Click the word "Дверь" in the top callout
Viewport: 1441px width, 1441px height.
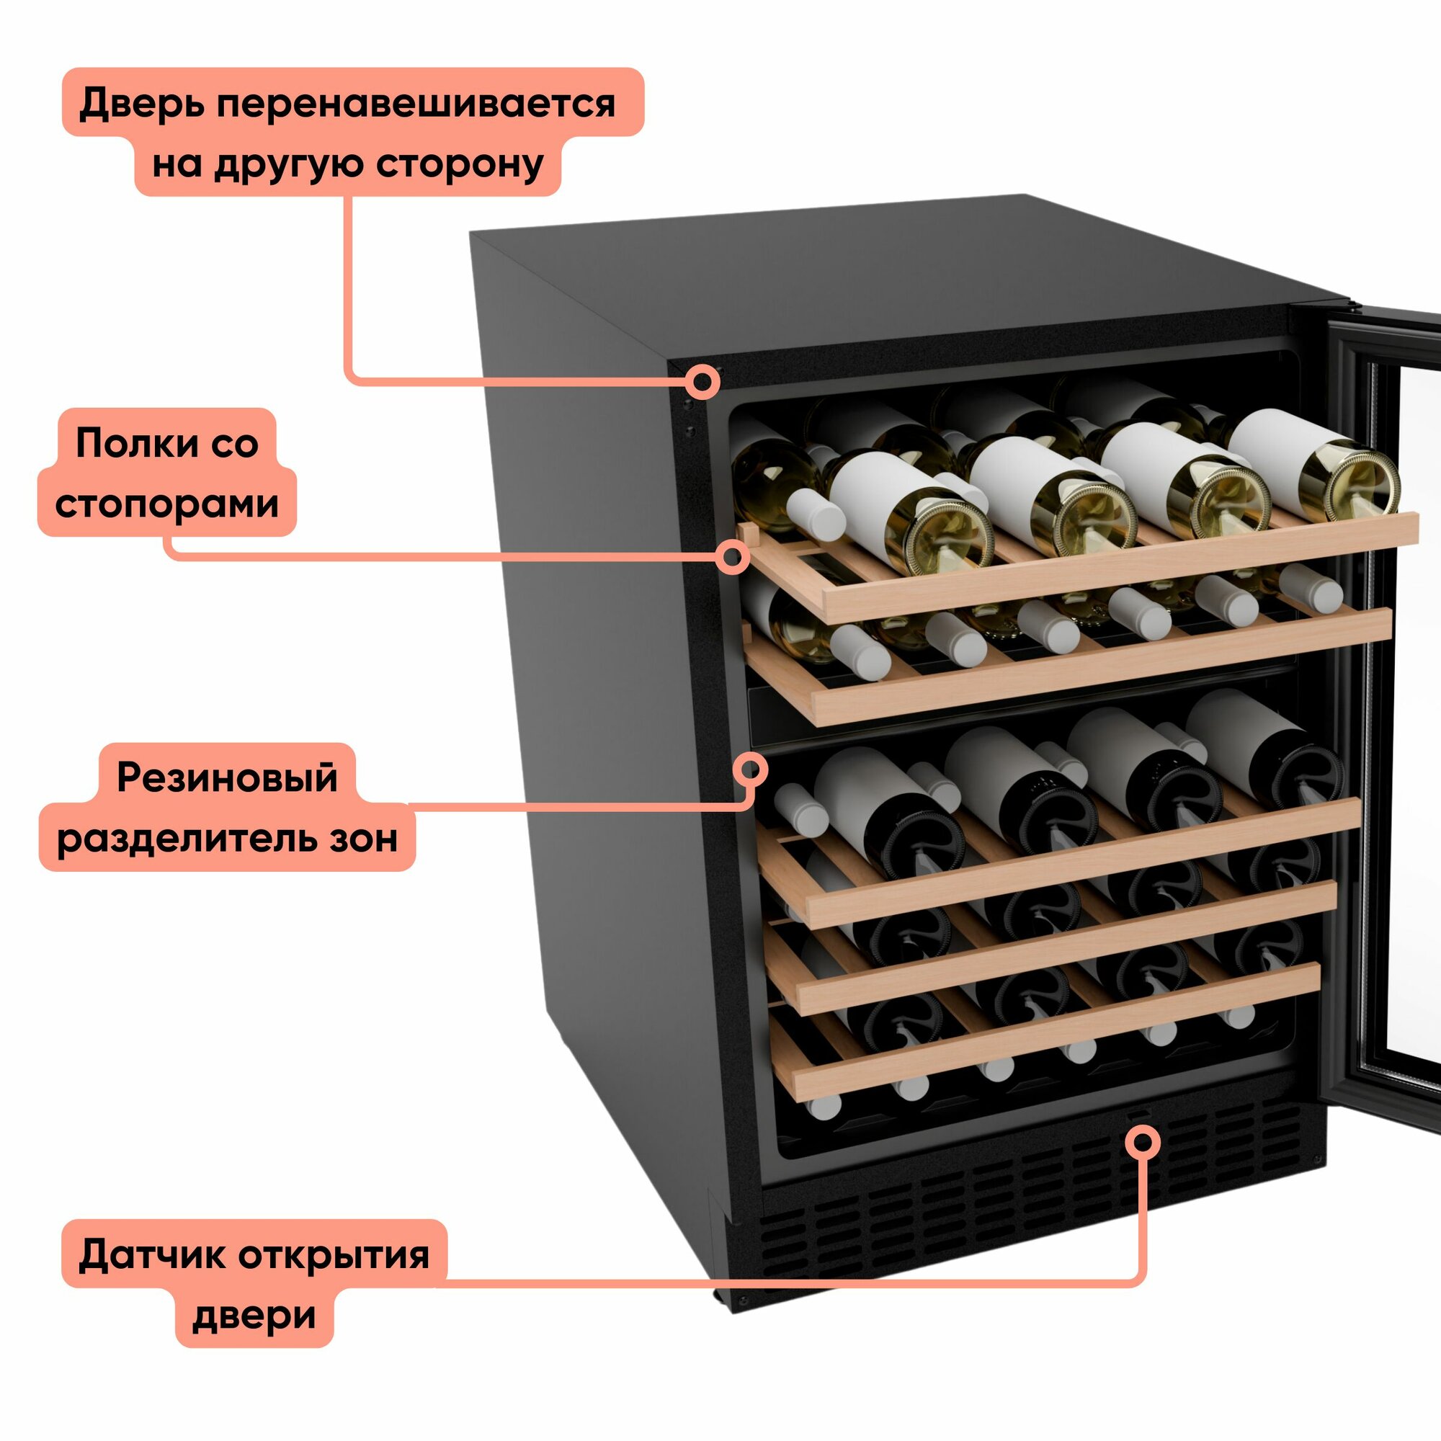(x=142, y=104)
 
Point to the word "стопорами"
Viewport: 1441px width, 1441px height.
(x=166, y=504)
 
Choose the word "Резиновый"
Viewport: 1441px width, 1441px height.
(x=228, y=778)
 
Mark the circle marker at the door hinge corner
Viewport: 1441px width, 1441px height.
(x=702, y=383)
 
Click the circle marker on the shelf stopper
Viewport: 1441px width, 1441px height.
(x=733, y=556)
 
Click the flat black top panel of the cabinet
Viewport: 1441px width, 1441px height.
(x=895, y=283)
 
